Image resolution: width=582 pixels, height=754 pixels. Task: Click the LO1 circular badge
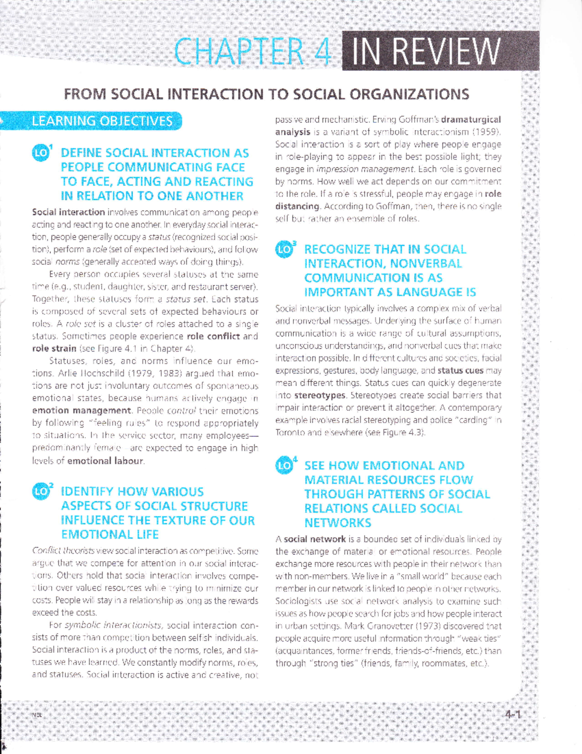[41, 153]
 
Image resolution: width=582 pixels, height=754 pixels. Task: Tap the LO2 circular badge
[41, 492]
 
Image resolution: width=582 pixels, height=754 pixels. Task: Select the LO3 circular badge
[285, 250]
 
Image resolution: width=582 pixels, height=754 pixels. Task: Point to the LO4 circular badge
[285, 466]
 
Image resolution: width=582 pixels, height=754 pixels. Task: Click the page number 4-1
[512, 715]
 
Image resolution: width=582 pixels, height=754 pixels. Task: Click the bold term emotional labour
[105, 461]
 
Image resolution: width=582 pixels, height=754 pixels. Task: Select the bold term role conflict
[213, 336]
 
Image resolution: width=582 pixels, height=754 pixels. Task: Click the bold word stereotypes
[320, 395]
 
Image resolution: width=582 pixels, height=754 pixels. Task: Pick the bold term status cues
[460, 370]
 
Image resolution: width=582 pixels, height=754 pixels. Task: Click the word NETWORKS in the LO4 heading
[338, 523]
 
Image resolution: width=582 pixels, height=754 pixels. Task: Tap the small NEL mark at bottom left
[37, 715]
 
